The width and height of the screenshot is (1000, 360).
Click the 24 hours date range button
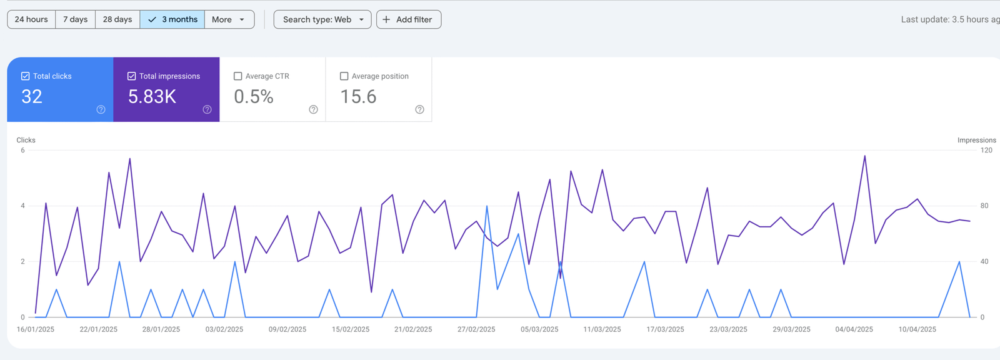click(x=31, y=19)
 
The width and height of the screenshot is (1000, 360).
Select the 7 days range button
click(x=75, y=19)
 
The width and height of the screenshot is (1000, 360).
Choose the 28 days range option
click(x=117, y=19)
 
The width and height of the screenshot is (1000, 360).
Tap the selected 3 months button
click(x=172, y=19)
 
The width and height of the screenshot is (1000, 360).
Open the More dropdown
click(x=229, y=19)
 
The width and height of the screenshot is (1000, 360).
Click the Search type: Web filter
click(x=322, y=19)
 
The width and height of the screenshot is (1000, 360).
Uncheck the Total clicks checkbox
click(x=26, y=76)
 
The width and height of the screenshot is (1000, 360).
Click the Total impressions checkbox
click(x=132, y=76)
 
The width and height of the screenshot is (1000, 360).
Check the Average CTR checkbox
click(x=238, y=76)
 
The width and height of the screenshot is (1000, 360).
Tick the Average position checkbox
click(x=344, y=76)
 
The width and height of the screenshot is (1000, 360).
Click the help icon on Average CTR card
click(x=314, y=109)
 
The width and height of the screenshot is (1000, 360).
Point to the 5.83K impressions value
click(x=152, y=97)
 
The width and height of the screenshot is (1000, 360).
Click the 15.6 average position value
click(x=358, y=97)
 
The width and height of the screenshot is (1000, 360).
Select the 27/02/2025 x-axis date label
click(x=476, y=329)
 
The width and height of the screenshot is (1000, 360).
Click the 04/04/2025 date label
click(x=854, y=329)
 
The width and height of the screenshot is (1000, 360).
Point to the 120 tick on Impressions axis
click(x=986, y=150)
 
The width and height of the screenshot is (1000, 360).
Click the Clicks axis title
click(x=26, y=140)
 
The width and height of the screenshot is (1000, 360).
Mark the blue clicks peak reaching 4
click(x=487, y=206)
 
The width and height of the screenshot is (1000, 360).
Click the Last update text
click(x=949, y=19)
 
